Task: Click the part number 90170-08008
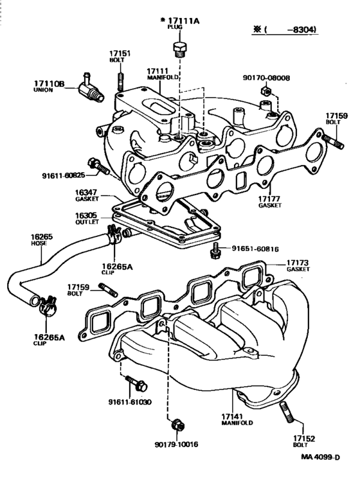[x=266, y=78]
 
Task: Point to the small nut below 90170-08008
[x=265, y=91]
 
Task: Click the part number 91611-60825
[x=64, y=175]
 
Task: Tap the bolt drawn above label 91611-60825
[x=98, y=166]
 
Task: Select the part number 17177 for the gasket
[x=269, y=199]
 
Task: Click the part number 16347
[x=86, y=192]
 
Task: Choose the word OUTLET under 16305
[x=87, y=222]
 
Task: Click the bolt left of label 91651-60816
[x=216, y=250]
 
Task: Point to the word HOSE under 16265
[x=39, y=243]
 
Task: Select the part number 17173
[x=297, y=263]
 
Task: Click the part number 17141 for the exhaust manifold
[x=232, y=417]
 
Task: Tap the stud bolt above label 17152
[x=286, y=412]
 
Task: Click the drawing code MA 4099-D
[x=320, y=457]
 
